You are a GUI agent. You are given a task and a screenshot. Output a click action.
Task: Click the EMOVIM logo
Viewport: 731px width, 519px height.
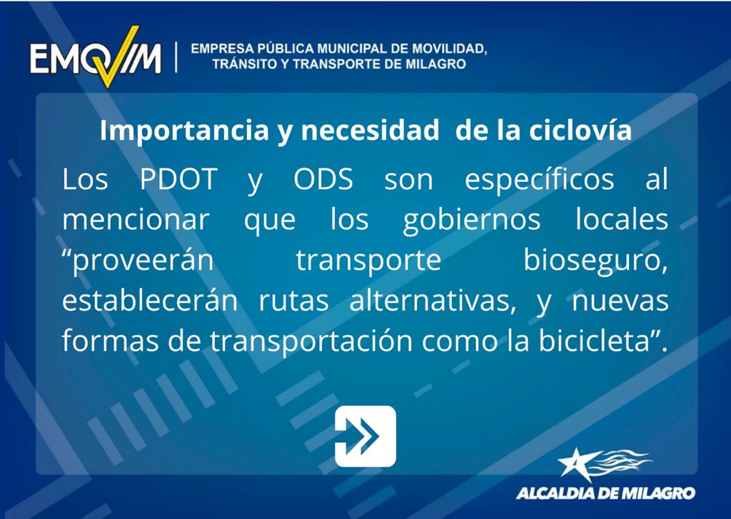96,57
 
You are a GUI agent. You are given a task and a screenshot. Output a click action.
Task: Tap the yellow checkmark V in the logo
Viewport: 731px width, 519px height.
116,57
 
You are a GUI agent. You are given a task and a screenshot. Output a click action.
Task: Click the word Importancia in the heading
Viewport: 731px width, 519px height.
184,131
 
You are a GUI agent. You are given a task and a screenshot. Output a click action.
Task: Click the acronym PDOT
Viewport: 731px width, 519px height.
178,178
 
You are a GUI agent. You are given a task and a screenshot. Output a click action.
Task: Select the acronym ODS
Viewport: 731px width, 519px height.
323,178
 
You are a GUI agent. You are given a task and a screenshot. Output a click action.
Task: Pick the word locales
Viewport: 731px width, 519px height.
622,219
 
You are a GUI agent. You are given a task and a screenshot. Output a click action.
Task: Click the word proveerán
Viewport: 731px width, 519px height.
138,261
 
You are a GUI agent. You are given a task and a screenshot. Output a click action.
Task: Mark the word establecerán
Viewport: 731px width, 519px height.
150,301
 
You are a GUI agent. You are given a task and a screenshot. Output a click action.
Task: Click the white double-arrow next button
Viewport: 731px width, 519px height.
365,436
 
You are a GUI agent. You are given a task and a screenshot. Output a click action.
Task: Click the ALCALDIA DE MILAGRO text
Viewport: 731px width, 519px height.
605,493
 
